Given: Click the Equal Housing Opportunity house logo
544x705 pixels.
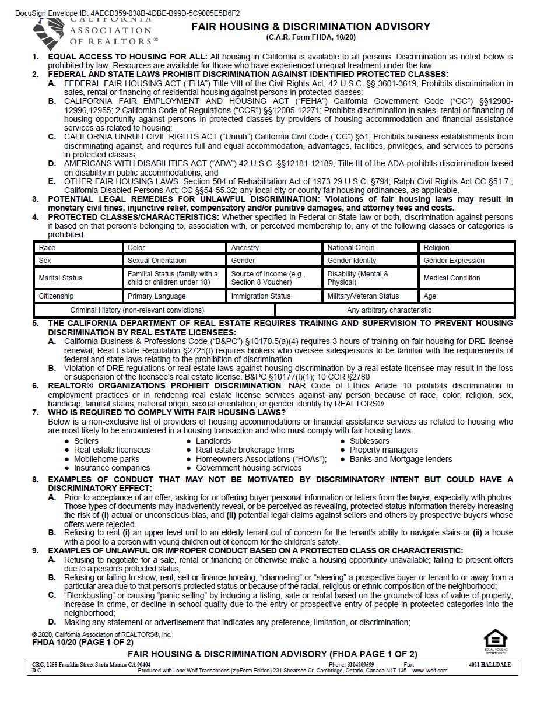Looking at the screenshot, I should click(496, 640).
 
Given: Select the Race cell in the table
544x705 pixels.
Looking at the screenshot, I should click(78, 248).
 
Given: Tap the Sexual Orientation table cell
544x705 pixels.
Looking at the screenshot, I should click(174, 261).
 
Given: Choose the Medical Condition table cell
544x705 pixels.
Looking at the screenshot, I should click(467, 278).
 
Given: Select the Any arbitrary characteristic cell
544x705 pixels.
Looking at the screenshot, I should click(389, 310).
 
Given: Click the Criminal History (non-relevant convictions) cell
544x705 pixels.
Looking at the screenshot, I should click(137, 310).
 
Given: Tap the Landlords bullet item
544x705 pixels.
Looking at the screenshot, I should click(213, 441).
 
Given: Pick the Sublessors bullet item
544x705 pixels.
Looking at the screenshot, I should click(369, 441).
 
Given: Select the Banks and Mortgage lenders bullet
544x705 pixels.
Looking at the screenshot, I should click(401, 459).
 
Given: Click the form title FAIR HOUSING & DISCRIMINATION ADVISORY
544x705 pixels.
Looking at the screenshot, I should click(311, 27).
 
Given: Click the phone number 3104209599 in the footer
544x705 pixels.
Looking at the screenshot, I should click(359, 665).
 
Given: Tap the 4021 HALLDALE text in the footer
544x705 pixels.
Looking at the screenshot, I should click(489, 665).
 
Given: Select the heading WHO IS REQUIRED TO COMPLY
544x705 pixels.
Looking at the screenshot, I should click(167, 412).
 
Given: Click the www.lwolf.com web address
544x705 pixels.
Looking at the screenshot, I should click(430, 671).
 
